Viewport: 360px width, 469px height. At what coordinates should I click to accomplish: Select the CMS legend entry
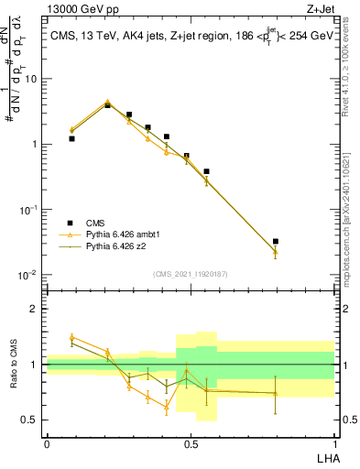coord(96,223)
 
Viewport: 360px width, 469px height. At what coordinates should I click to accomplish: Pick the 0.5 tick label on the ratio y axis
coord(30,420)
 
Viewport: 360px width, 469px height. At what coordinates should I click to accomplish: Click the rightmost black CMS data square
coord(275,242)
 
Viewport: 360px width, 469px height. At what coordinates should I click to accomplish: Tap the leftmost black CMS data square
coord(71,138)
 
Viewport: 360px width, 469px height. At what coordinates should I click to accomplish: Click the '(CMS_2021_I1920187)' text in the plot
coord(190,273)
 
